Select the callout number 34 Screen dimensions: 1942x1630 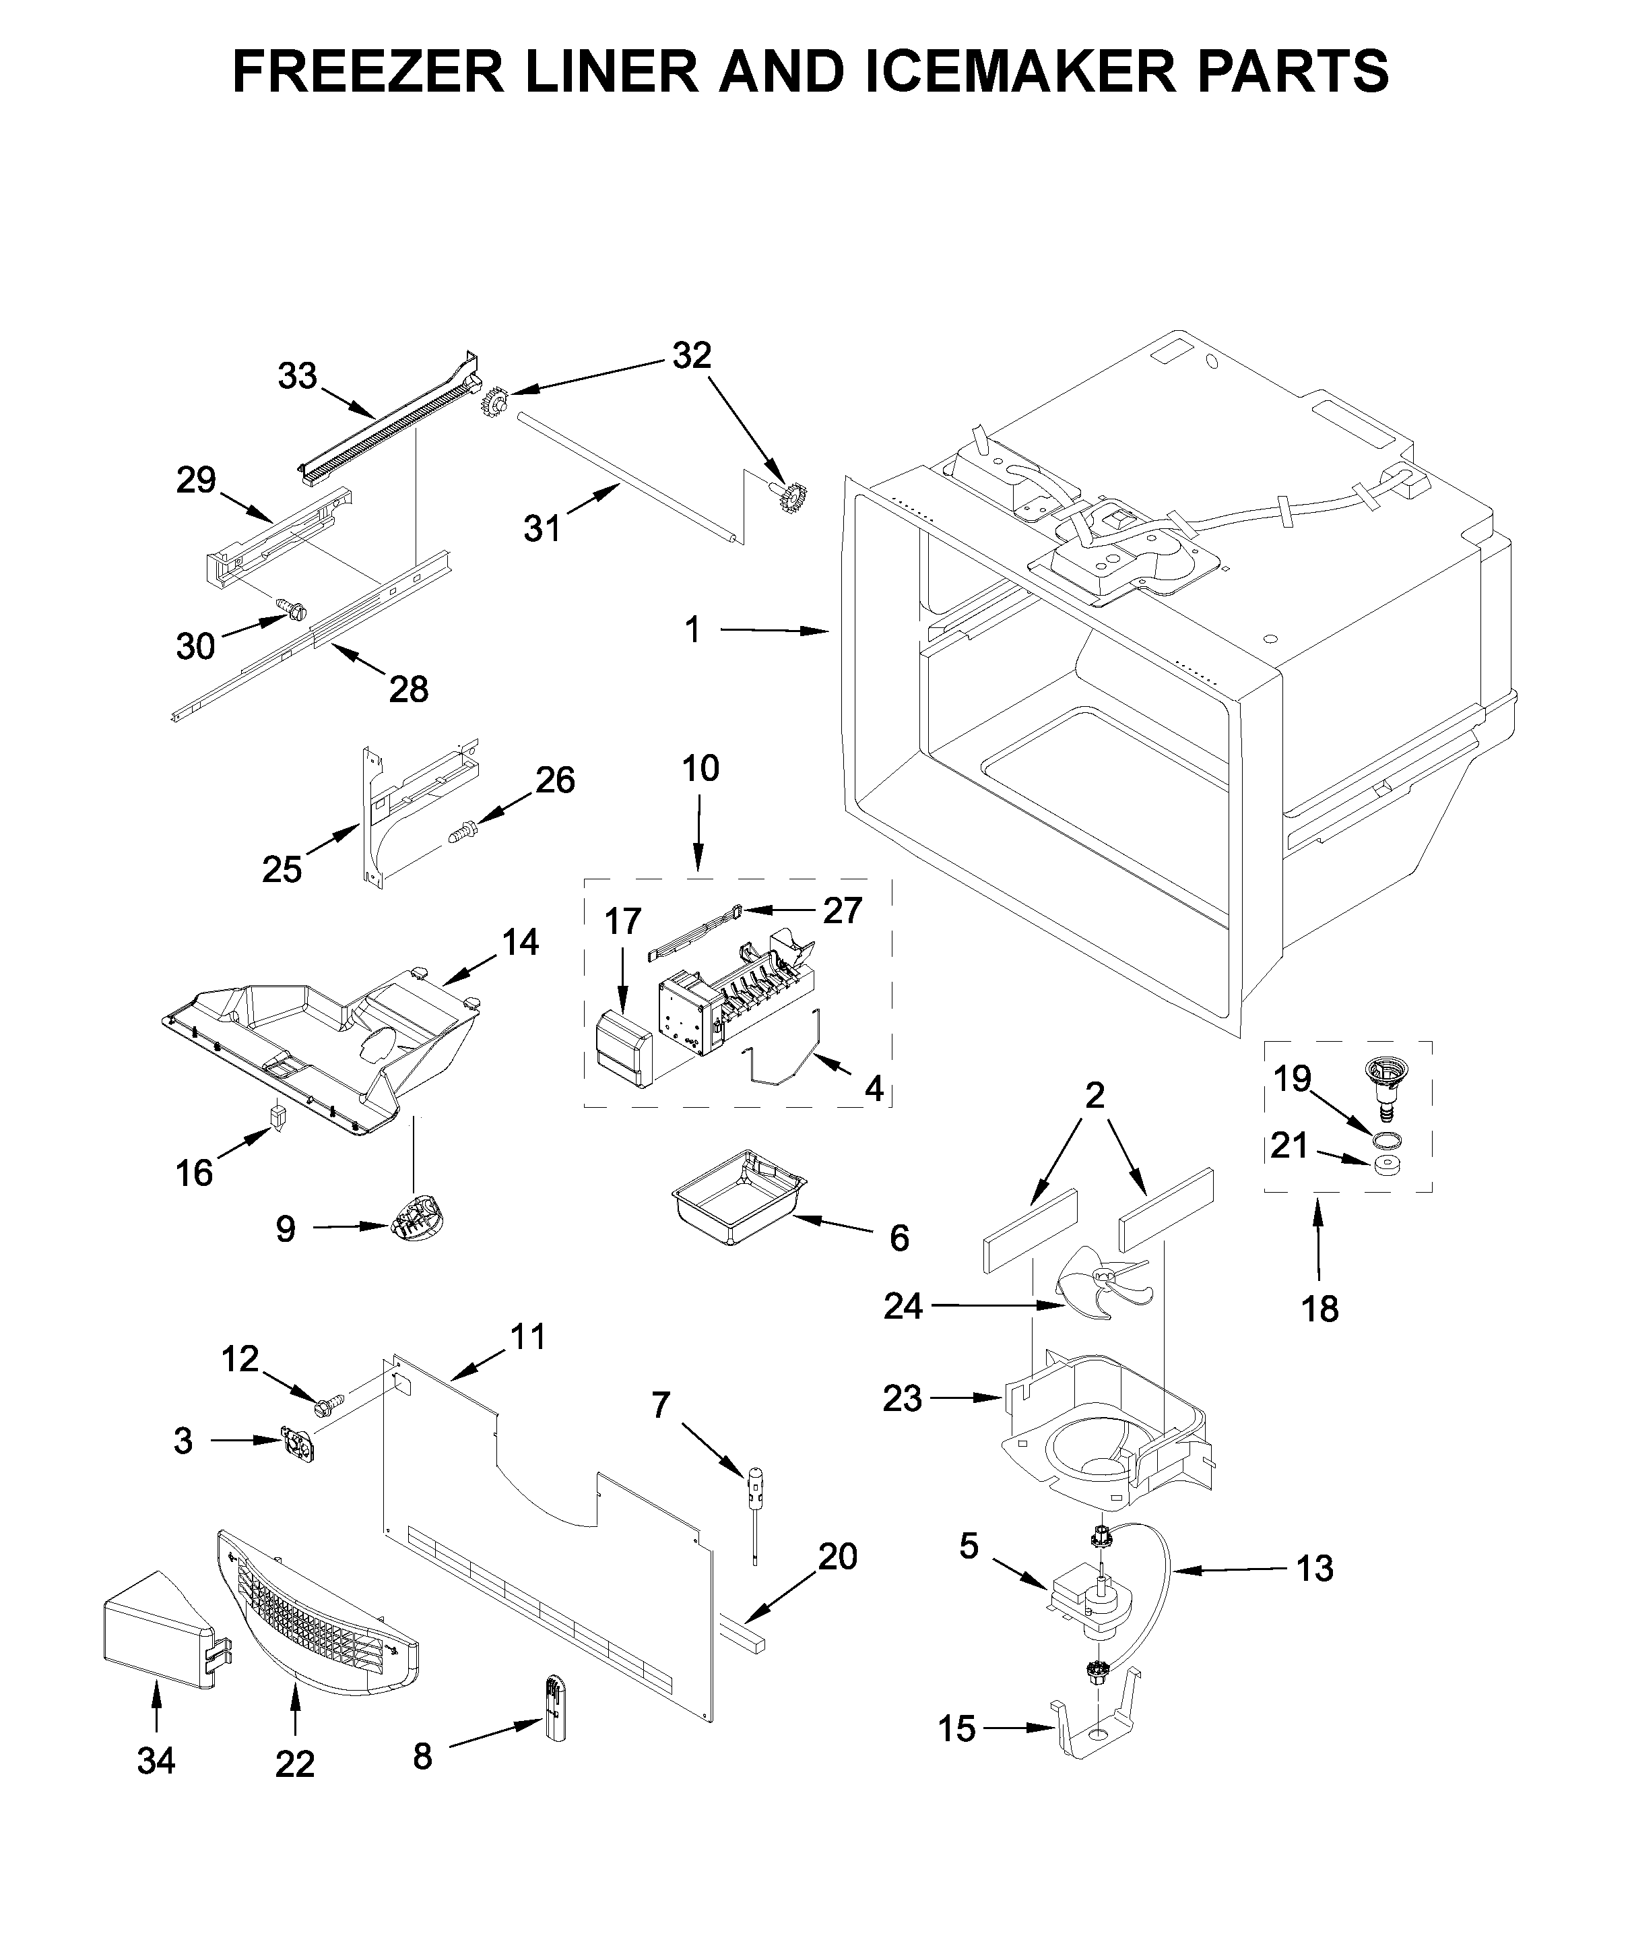tap(156, 1761)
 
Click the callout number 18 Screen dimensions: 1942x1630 tap(1319, 1309)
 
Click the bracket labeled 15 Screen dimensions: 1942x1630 tap(1100, 1728)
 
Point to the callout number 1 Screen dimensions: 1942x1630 tap(692, 630)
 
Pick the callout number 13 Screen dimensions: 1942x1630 tap(1315, 1569)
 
